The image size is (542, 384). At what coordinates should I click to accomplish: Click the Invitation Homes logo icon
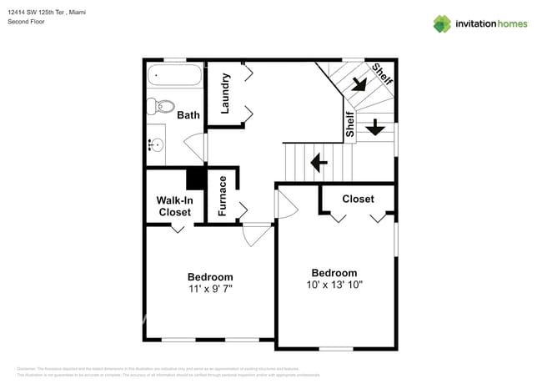(442, 23)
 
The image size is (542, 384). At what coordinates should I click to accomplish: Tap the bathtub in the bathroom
(174, 78)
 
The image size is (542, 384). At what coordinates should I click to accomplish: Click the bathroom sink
(155, 144)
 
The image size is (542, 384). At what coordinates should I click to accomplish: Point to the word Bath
(188, 114)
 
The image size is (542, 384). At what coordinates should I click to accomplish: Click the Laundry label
(225, 93)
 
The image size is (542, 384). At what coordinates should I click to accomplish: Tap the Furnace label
(223, 196)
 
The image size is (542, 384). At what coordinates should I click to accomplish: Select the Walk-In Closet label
(174, 206)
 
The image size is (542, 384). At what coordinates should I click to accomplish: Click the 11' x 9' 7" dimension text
(210, 289)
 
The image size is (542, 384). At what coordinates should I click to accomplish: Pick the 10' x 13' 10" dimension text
(334, 285)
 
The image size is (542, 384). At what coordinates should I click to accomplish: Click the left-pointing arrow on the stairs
(318, 161)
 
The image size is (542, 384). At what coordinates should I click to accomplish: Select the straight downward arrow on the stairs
(374, 126)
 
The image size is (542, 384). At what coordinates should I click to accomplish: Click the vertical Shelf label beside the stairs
(349, 124)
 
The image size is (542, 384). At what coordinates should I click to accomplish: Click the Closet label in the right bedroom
(358, 199)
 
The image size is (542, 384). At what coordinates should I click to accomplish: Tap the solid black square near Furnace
(195, 179)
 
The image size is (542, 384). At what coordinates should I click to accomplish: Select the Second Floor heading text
(26, 22)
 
